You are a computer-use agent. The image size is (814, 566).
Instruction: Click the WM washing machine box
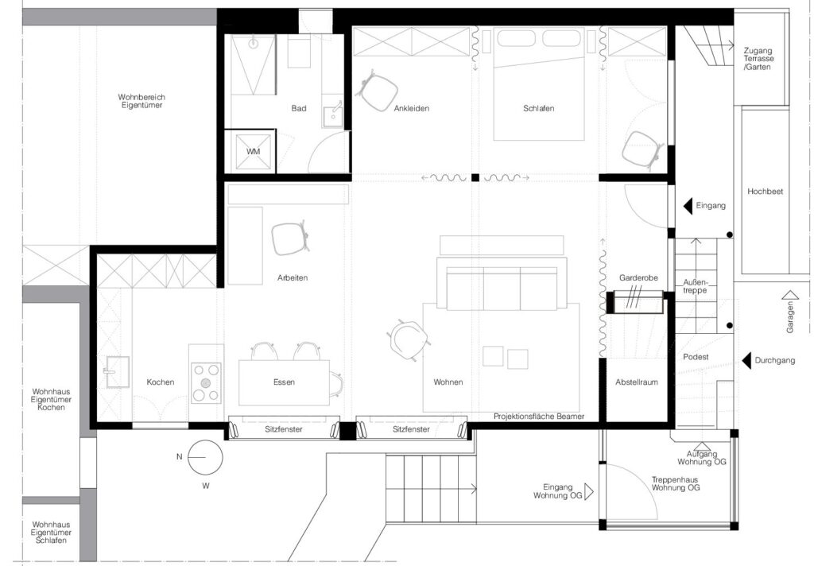(254, 152)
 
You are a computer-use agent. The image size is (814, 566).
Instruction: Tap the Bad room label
(299, 109)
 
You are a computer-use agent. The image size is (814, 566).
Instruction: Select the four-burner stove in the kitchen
(206, 382)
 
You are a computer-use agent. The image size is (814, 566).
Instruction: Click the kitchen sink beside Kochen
(118, 372)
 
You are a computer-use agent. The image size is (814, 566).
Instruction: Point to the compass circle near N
(205, 457)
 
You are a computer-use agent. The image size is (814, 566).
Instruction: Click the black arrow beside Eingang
(688, 206)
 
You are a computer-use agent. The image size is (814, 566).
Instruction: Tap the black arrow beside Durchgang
(746, 360)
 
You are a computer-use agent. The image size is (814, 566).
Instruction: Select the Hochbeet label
(766, 192)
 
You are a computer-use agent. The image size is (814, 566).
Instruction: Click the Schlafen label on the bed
(538, 109)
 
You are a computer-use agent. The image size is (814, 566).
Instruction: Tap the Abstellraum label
(637, 382)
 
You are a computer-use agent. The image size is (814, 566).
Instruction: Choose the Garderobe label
(638, 277)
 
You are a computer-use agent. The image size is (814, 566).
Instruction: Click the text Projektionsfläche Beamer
(539, 417)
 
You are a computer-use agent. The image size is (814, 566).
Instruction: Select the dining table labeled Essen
(284, 382)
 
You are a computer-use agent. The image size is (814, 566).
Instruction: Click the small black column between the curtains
(475, 177)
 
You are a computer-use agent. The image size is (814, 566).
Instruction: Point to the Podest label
(696, 357)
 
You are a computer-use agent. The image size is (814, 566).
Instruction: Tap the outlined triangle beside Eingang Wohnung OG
(589, 491)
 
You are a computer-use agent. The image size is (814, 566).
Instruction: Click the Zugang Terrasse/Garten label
(758, 59)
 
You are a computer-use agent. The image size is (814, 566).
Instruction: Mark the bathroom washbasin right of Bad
(331, 115)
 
